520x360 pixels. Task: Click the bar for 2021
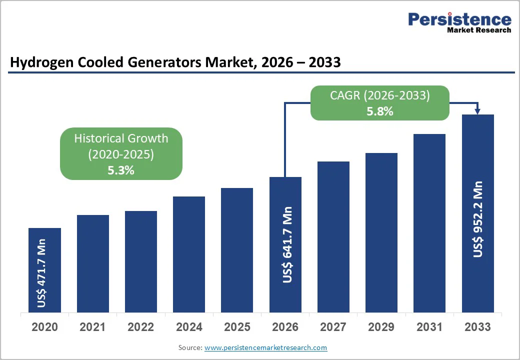coord(92,263)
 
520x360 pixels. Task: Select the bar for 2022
coord(141,261)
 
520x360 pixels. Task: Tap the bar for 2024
coord(189,254)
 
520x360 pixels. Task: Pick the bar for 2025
coord(237,250)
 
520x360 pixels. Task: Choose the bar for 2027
coord(333,237)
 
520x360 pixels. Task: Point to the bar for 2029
coord(381,232)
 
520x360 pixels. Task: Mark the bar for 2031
coord(429,223)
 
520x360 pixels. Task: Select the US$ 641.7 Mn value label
coord(287,244)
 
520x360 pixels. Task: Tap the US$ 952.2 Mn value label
coord(478,219)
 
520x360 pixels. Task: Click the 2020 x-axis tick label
coord(44,327)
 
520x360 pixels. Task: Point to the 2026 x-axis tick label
coord(285,327)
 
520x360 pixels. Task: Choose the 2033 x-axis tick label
coord(477,327)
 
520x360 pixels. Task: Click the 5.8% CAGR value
coord(379,111)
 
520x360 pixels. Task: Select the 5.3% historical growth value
coord(121,170)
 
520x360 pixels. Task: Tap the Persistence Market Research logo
coord(459,22)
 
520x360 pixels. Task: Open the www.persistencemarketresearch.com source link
coord(265,347)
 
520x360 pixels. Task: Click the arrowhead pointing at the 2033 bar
coord(478,111)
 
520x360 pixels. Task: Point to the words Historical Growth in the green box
coord(121,138)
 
